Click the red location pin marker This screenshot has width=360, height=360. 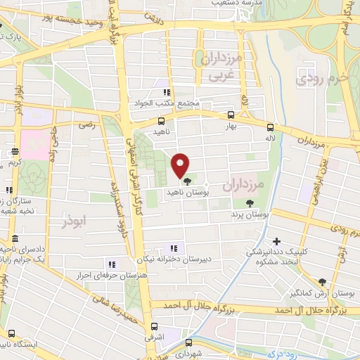click(x=181, y=165)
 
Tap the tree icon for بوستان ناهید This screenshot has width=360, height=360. click(x=186, y=181)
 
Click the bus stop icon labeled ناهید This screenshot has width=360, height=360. click(x=161, y=121)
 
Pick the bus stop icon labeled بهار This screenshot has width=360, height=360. click(x=231, y=115)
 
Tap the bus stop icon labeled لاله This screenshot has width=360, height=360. click(x=270, y=127)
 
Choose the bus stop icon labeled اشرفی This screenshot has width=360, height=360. click(x=155, y=327)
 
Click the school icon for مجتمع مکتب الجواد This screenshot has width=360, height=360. click(x=167, y=92)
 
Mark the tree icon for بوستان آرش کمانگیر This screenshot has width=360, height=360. click(x=322, y=281)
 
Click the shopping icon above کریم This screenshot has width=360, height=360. click(x=15, y=152)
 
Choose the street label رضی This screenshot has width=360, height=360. click(x=86, y=124)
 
